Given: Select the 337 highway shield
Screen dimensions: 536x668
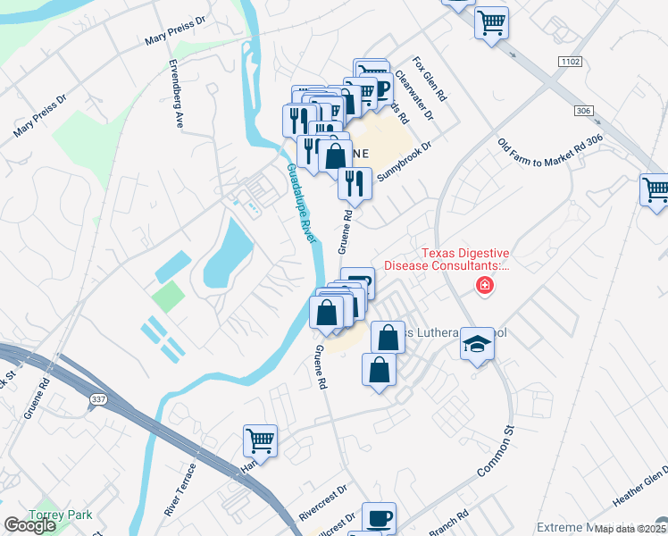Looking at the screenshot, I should [x=96, y=403].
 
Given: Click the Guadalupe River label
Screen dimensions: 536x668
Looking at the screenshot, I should [x=303, y=204].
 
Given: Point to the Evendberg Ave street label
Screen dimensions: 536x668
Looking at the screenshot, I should [x=177, y=94].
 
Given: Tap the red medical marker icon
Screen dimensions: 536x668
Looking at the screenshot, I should [x=484, y=286].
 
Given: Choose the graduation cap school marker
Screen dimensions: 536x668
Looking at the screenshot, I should [x=478, y=344].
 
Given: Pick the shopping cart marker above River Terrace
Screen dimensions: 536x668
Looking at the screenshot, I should [x=260, y=440].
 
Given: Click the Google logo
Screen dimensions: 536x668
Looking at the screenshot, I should [x=29, y=525].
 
